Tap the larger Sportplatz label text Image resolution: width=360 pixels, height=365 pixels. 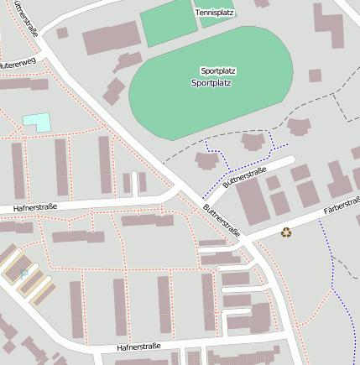click(x=211, y=83)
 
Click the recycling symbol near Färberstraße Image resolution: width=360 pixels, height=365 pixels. click(x=286, y=232)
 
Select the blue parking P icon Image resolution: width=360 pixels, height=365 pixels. click(x=23, y=274)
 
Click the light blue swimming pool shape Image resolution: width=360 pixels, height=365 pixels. click(x=37, y=122)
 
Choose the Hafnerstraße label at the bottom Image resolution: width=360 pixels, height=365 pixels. click(x=144, y=346)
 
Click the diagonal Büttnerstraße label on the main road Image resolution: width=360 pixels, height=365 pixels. click(x=222, y=220)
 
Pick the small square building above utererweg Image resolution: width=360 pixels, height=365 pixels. click(x=62, y=34)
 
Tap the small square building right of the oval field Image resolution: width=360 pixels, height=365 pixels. click(x=315, y=76)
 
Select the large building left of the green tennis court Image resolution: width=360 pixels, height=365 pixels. click(x=112, y=39)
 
